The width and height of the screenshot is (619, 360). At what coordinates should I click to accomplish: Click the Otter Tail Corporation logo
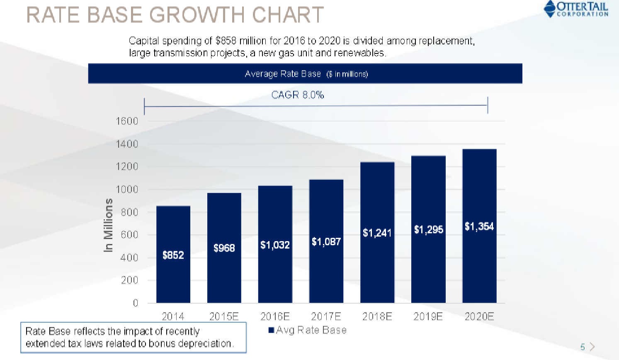click(576, 9)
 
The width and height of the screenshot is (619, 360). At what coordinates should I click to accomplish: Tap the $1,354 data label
click(479, 226)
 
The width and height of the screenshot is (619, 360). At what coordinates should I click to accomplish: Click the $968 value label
click(224, 248)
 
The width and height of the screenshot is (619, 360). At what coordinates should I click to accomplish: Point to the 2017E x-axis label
click(326, 317)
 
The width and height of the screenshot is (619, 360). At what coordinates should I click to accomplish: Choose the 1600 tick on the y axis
click(127, 121)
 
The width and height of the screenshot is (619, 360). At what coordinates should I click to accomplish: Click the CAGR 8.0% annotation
click(297, 95)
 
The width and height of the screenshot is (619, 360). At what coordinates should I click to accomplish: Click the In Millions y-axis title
click(108, 225)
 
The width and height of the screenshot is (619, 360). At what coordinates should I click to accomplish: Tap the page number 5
click(583, 347)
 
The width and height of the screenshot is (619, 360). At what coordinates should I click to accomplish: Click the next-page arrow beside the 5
click(592, 347)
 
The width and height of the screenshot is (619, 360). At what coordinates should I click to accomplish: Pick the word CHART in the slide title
click(288, 15)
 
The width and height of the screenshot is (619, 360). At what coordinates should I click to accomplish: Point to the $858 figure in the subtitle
click(226, 41)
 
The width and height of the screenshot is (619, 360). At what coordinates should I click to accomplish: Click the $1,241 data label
click(377, 233)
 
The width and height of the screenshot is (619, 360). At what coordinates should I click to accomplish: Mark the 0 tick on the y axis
click(135, 303)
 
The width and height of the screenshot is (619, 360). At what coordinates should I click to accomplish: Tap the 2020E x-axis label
click(479, 317)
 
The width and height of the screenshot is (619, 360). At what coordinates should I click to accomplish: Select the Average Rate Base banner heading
click(283, 74)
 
